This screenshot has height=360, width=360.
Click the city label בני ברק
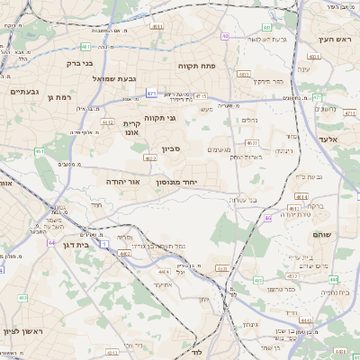point(80,64)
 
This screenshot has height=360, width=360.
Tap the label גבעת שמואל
point(115,79)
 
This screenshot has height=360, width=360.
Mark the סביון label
point(172,149)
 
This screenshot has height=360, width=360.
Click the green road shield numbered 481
point(84,46)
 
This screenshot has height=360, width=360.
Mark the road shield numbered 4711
point(200,95)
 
